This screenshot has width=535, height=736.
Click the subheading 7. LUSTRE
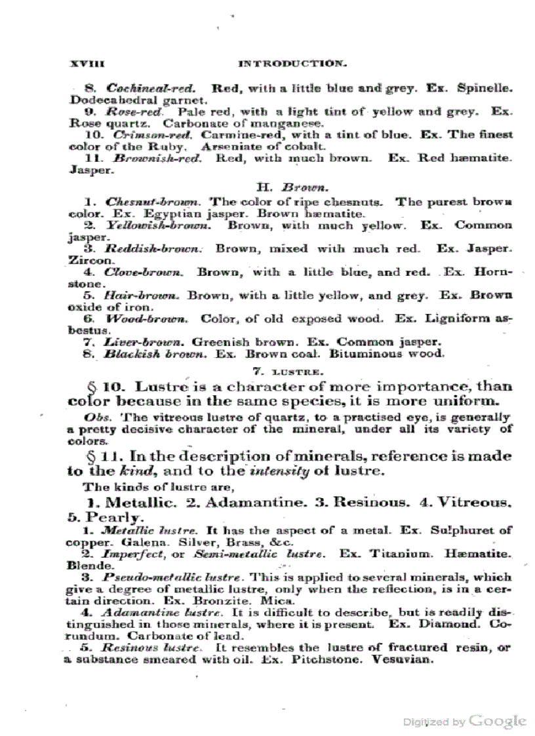coord(292,370)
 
